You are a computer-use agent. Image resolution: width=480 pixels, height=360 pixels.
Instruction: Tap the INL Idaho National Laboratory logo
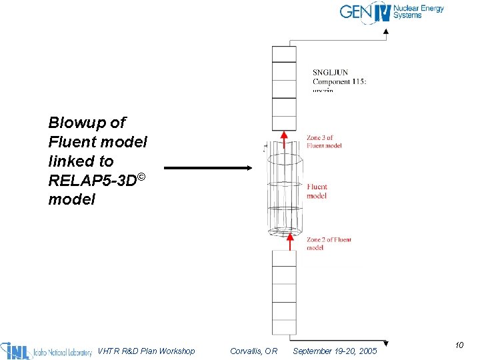click(46, 351)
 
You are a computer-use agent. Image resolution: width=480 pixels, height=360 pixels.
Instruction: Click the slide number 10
click(459, 345)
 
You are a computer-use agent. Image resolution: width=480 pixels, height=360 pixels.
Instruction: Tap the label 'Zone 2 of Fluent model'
click(329, 243)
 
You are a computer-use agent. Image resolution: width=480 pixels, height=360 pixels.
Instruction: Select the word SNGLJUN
click(331, 73)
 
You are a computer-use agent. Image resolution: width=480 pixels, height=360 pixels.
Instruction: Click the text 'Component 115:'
click(339, 82)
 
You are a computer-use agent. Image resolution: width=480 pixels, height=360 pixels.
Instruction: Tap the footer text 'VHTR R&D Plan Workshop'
click(146, 351)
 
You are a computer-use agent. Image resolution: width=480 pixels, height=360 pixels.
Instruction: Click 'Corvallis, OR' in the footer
click(253, 351)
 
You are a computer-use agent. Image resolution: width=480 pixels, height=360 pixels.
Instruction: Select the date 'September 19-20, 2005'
click(335, 351)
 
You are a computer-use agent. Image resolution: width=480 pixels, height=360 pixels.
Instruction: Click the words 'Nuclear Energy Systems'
click(418, 12)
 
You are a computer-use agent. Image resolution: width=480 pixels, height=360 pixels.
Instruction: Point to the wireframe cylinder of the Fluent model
click(285, 193)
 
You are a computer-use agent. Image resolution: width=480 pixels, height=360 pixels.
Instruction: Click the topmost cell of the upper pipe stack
click(284, 54)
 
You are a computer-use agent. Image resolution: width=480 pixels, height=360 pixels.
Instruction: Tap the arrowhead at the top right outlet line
click(386, 31)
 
